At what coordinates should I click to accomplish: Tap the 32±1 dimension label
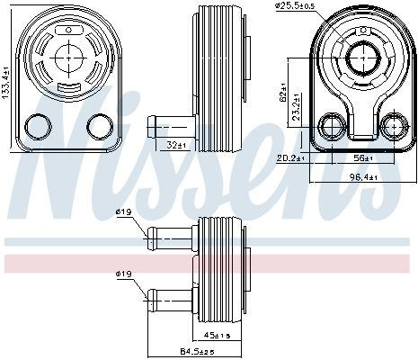[177, 146]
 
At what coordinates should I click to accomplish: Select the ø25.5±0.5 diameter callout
[295, 5]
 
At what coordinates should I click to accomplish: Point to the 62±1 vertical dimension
[284, 94]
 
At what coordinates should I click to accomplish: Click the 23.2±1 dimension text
[297, 107]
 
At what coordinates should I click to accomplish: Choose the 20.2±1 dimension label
[290, 157]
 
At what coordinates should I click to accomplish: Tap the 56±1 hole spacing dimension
[363, 157]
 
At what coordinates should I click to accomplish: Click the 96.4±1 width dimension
[363, 177]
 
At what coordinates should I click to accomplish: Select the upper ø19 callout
[124, 212]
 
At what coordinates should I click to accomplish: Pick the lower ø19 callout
[124, 274]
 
